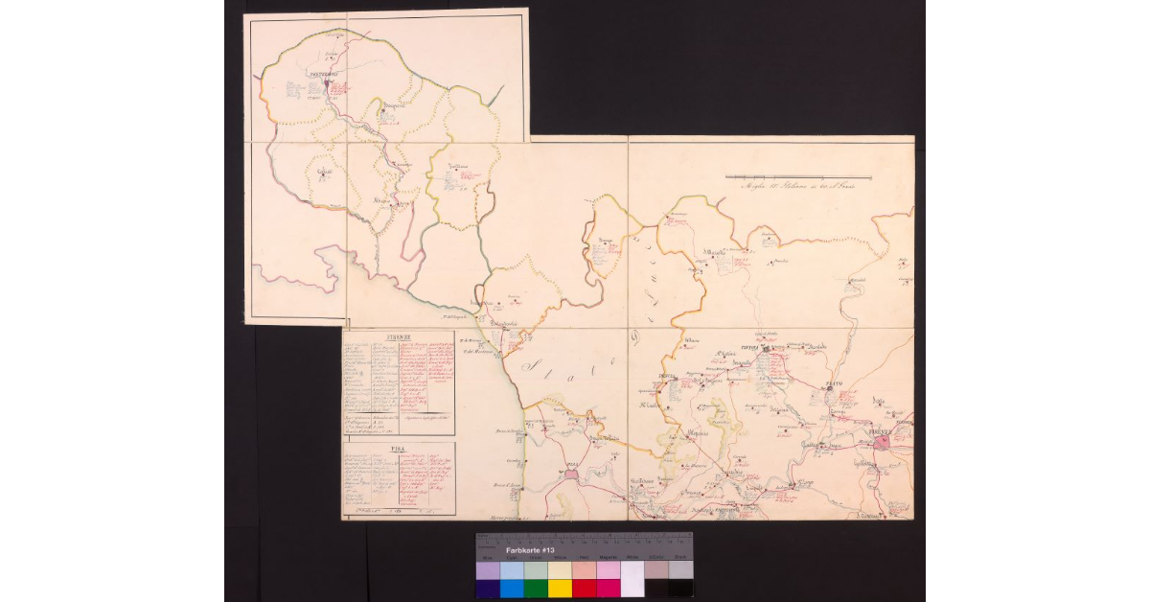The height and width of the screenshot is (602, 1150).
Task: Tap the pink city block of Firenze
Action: coord(880,442)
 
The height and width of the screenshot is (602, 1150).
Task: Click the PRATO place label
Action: coord(831,384)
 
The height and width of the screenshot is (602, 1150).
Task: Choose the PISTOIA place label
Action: coord(748,350)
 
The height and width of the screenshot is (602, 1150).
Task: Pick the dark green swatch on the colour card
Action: coord(535,588)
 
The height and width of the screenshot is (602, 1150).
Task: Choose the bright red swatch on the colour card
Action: coord(583,588)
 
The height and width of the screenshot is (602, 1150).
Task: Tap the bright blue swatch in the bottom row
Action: coord(511,588)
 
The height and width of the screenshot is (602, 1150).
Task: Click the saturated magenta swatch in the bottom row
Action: coord(608,588)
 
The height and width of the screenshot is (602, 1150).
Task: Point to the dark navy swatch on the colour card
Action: coord(487,588)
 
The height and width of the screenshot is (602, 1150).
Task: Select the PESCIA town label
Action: coord(669,375)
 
